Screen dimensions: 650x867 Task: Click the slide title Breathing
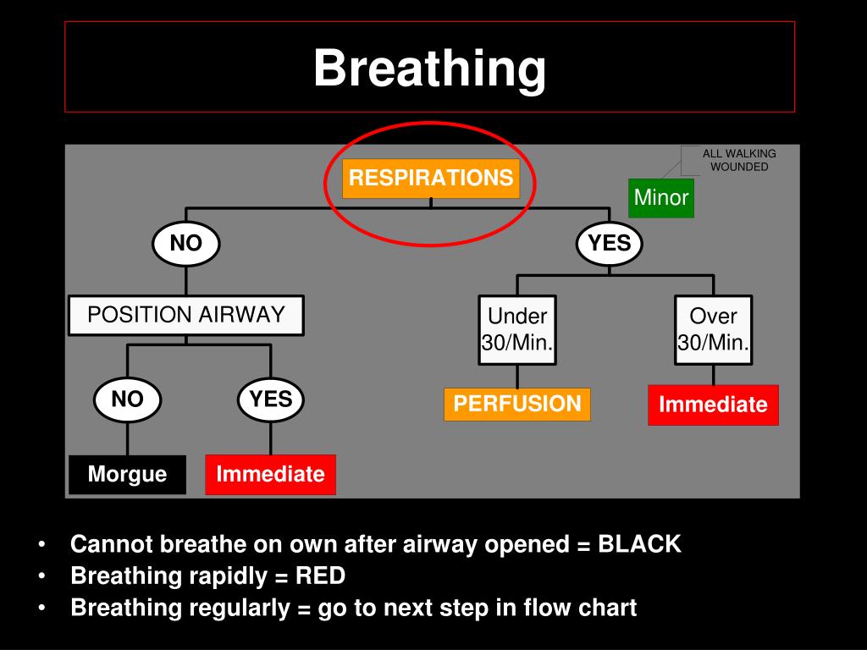click(429, 68)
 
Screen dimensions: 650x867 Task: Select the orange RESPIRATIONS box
click(431, 179)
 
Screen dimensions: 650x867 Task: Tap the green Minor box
click(661, 198)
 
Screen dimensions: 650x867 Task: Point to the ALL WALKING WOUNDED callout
click(739, 160)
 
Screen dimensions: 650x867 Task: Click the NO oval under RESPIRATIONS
click(186, 244)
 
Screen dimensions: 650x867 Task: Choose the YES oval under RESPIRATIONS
click(610, 244)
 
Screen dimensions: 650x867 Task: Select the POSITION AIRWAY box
click(186, 315)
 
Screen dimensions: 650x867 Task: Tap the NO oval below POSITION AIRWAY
click(128, 399)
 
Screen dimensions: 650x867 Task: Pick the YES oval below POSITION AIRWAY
click(271, 399)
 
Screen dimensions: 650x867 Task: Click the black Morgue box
click(127, 474)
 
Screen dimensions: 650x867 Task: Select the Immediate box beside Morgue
click(270, 474)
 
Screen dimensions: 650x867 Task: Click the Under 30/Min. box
click(517, 330)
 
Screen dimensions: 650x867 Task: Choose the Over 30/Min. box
click(713, 330)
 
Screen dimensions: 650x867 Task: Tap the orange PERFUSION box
click(517, 404)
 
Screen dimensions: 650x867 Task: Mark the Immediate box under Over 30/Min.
click(713, 405)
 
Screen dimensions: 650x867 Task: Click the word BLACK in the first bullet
click(639, 544)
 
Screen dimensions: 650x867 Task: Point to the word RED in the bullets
click(320, 576)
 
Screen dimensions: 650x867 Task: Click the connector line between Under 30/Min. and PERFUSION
click(517, 377)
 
